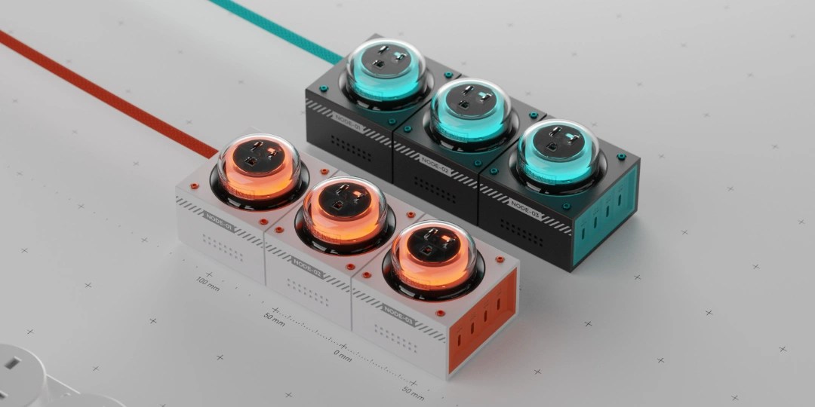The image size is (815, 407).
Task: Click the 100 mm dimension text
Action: pos(208,284)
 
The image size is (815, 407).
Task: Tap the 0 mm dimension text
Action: pos(342,352)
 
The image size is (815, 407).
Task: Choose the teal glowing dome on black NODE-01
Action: pos(386,71)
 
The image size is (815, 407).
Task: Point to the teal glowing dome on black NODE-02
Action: pos(473,111)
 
